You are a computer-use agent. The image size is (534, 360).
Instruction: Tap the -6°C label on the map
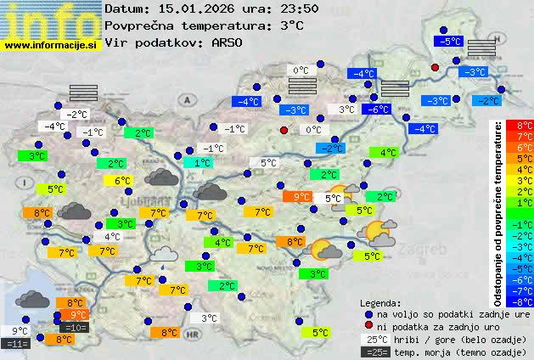[374, 109]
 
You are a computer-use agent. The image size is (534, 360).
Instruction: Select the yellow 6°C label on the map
[122, 180]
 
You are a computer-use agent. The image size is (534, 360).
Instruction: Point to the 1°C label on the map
[201, 162]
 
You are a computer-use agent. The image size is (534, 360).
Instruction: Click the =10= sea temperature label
[75, 328]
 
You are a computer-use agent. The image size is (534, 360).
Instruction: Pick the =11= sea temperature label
[17, 344]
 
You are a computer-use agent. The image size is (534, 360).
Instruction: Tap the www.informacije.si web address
[51, 45]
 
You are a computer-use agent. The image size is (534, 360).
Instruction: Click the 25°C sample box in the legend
[374, 339]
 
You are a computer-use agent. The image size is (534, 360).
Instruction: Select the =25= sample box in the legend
[374, 352]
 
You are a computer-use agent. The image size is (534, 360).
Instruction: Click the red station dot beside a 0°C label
[284, 130]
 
